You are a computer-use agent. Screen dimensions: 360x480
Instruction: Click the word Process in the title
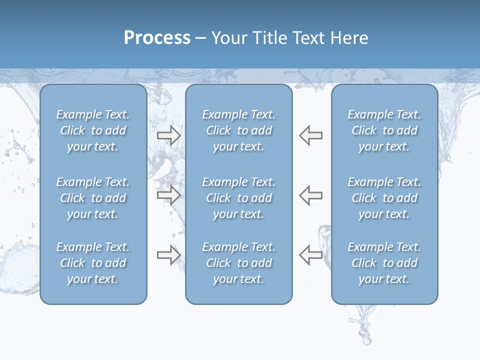[x=157, y=38]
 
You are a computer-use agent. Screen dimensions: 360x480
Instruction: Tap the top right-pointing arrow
[x=168, y=135]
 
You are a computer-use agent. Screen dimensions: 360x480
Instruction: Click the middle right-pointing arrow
[x=168, y=195]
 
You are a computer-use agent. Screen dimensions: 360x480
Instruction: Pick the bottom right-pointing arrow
[x=168, y=255]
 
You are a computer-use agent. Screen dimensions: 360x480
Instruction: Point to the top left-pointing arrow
[x=311, y=135]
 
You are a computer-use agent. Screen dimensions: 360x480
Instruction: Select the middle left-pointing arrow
[x=311, y=195]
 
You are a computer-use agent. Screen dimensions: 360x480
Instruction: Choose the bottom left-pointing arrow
[x=311, y=255]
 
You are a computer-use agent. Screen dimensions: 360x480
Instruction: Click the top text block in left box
[x=93, y=130]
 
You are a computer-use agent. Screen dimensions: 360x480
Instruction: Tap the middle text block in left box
[x=93, y=198]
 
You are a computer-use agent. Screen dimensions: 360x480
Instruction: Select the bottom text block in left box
[x=93, y=263]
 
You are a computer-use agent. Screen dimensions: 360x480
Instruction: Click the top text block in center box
[x=239, y=130]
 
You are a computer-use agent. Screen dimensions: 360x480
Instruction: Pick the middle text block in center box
[x=239, y=198]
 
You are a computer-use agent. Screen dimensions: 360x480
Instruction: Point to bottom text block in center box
[x=239, y=263]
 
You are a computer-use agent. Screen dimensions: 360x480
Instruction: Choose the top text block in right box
[x=384, y=130]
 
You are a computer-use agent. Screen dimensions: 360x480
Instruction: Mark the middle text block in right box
[x=384, y=198]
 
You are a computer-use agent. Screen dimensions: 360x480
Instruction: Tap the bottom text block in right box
[x=384, y=263]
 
